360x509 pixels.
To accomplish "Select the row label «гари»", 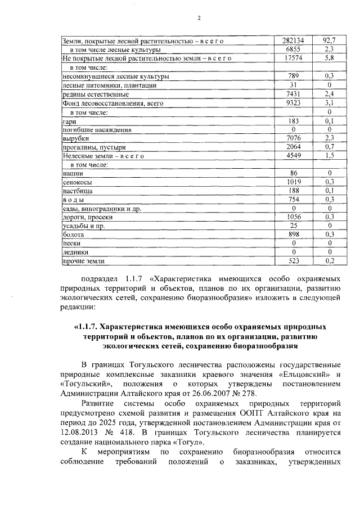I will (x=69, y=121).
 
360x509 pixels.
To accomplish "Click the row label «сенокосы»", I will (x=78, y=183).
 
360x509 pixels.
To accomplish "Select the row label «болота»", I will (x=74, y=235).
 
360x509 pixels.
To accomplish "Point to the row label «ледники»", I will (x=76, y=253).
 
